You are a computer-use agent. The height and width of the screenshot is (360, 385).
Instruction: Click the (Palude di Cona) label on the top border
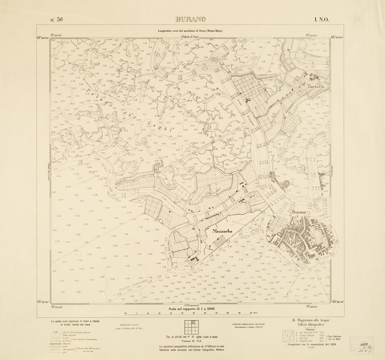click(x=190, y=37)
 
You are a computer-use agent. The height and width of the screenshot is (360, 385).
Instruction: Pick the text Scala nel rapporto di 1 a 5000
click(x=192, y=309)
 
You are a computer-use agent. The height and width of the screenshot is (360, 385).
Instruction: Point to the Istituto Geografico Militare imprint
click(x=248, y=323)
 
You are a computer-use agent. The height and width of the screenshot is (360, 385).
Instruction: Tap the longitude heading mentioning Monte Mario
click(x=190, y=31)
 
